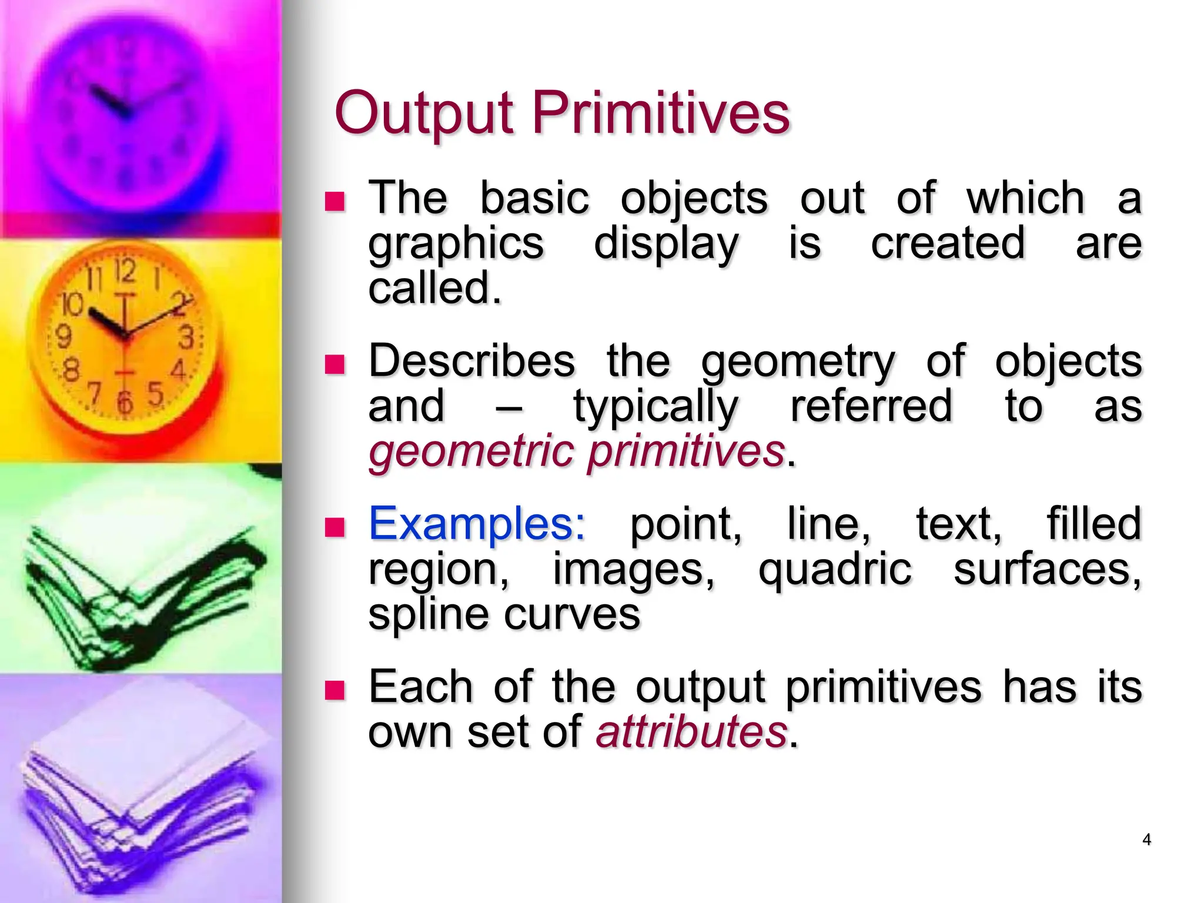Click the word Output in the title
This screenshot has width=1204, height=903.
[x=424, y=113]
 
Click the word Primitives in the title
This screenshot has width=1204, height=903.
[x=661, y=113]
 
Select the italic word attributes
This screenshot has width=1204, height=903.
[x=691, y=732]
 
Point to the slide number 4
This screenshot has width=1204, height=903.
[x=1146, y=840]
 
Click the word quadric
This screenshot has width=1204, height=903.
[x=835, y=570]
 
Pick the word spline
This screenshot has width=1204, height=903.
[x=427, y=614]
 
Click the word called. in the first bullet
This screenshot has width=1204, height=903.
[x=435, y=288]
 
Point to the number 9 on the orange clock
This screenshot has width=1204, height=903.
[x=63, y=337]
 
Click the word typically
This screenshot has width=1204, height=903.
[x=655, y=407]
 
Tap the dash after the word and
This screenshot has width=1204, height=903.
[x=509, y=407]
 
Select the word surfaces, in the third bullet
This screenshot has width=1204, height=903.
[x=1047, y=570]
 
